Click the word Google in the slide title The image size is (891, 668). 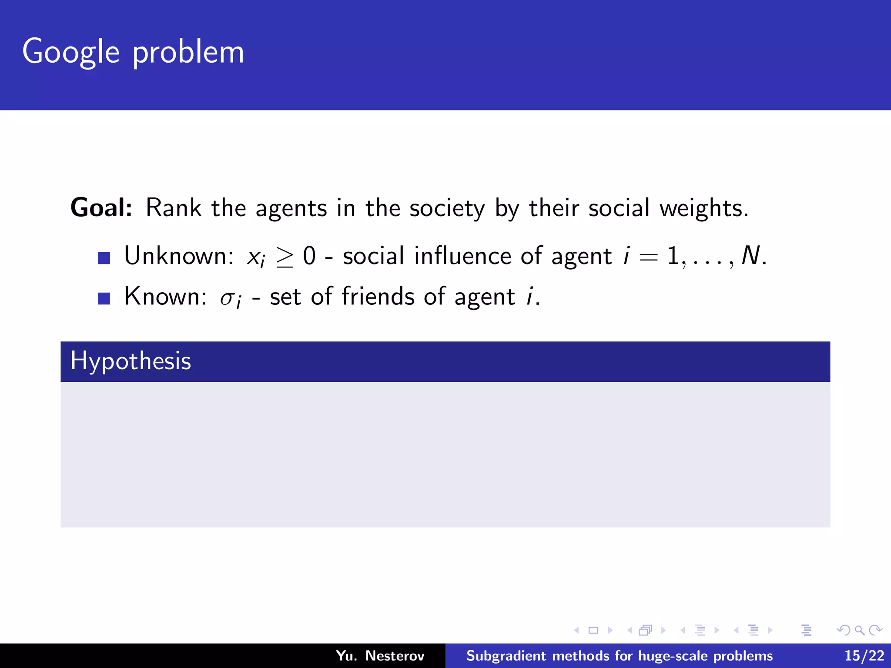pyautogui.click(x=70, y=52)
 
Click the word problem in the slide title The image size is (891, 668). pyautogui.click(x=188, y=52)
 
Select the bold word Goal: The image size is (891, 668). pyautogui.click(x=101, y=207)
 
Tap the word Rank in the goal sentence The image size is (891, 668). pyautogui.click(x=173, y=207)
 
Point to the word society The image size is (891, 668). pyautogui.click(x=447, y=208)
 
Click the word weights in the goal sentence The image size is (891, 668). pyautogui.click(x=703, y=208)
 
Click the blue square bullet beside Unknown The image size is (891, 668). pyautogui.click(x=104, y=258)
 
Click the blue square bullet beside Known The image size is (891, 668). pyautogui.click(x=104, y=299)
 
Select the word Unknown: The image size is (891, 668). pyautogui.click(x=179, y=256)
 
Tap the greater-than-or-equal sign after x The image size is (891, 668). pyautogui.click(x=285, y=257)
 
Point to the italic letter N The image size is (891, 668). pyautogui.click(x=750, y=256)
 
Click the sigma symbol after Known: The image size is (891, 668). pyautogui.click(x=227, y=298)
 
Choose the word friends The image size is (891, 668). pyautogui.click(x=378, y=297)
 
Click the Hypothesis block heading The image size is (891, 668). pyautogui.click(x=131, y=361)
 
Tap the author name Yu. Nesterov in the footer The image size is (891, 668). pyautogui.click(x=380, y=655)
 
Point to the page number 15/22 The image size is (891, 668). pyautogui.click(x=864, y=655)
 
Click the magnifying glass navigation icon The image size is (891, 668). pyautogui.click(x=859, y=630)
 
